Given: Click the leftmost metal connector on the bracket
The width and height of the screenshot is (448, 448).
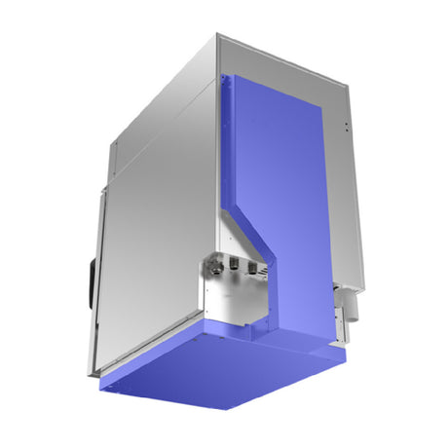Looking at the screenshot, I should [x=211, y=262].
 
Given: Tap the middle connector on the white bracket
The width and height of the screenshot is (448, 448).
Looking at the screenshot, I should [x=234, y=263].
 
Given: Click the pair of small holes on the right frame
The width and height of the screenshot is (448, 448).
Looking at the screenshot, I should [x=346, y=127].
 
